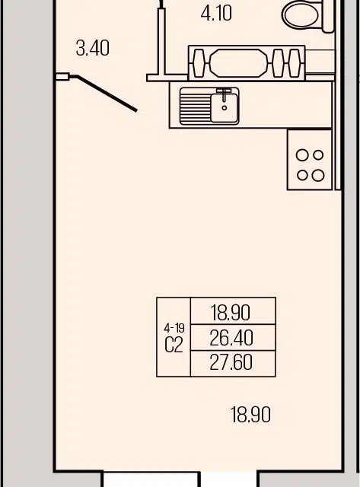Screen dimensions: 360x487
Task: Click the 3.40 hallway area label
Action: pos(93,49)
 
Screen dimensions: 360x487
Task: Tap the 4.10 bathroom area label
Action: pos(216,14)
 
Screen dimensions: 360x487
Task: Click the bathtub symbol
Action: pos(247,63)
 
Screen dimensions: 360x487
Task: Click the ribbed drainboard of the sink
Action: pos(195,107)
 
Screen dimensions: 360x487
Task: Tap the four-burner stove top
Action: pos(310,160)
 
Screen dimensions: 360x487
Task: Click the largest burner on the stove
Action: pos(317,176)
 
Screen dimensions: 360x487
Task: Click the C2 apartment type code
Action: pos(174,345)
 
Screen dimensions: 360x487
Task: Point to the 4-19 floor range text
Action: pos(174,328)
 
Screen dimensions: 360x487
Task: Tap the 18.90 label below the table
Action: pos(250,414)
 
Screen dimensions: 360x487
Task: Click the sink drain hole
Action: pos(225,108)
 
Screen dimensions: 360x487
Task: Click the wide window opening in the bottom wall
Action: pos(151,479)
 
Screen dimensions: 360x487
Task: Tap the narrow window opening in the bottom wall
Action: pos(229,479)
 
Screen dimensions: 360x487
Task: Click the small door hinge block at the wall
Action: pos(62,76)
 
